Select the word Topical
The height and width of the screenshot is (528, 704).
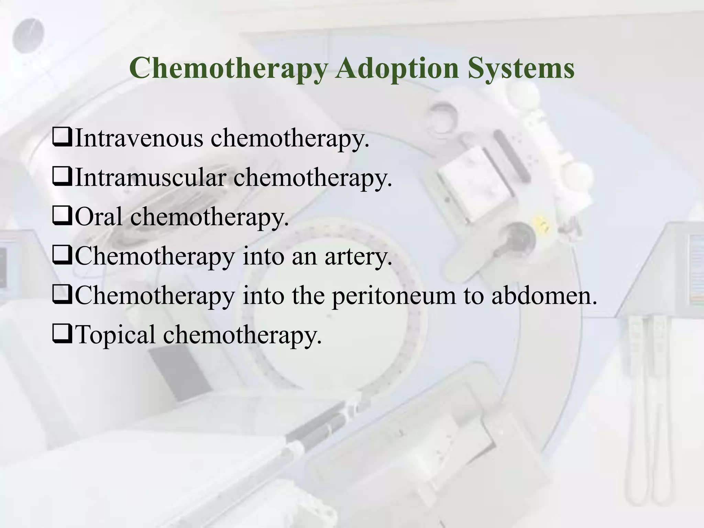tap(115, 335)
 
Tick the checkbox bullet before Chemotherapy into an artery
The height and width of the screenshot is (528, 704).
tap(62, 256)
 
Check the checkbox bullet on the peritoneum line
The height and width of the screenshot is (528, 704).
tap(62, 296)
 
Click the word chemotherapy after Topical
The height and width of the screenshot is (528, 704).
tap(242, 335)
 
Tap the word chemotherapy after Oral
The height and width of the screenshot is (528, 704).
tap(209, 217)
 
